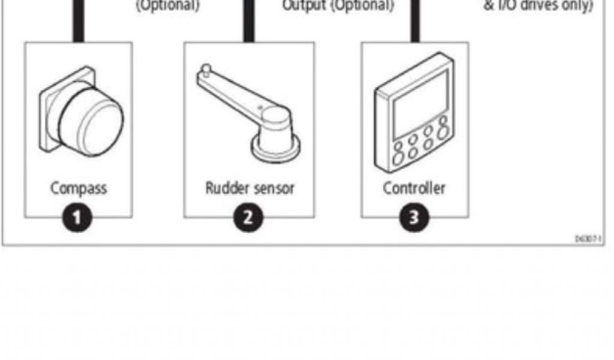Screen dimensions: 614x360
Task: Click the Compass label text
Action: tap(79, 188)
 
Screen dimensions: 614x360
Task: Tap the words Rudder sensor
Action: tap(249, 188)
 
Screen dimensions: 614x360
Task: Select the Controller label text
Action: tap(414, 188)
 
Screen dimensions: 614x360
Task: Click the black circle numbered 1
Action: tap(79, 217)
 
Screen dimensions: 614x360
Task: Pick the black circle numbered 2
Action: tap(248, 217)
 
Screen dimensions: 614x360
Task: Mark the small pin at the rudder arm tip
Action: tap(206, 70)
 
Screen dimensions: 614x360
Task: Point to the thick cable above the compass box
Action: tap(79, 21)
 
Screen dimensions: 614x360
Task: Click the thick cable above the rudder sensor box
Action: tap(248, 21)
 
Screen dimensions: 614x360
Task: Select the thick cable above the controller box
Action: tap(414, 21)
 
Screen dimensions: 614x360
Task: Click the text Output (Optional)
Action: tap(338, 6)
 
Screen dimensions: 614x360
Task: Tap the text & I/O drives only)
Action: tap(538, 6)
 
